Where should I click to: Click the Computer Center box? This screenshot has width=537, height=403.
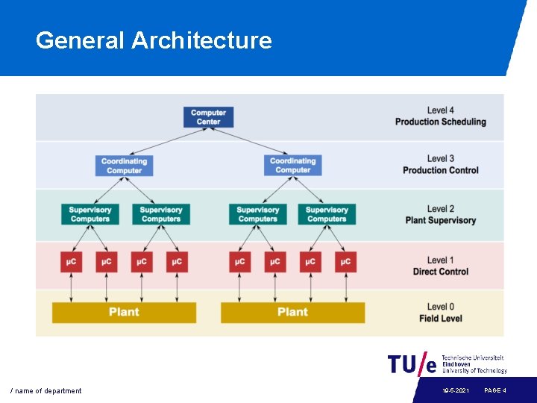(208, 117)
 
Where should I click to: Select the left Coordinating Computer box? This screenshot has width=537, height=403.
(124, 166)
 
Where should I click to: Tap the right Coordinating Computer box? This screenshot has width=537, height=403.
(292, 166)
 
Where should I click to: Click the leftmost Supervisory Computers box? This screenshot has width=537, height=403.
(90, 214)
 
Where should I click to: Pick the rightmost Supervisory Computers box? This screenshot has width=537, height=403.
(327, 214)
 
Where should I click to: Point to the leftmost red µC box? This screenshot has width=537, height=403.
(71, 262)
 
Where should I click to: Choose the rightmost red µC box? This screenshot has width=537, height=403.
(344, 262)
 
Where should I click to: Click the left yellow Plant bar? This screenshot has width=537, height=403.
(124, 312)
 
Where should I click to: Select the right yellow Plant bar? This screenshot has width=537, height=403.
(292, 312)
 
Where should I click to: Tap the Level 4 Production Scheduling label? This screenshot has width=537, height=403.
(440, 116)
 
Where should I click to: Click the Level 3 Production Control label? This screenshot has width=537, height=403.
(440, 164)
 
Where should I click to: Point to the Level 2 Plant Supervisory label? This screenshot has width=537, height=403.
(440, 215)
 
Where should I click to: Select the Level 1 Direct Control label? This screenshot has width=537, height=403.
(440, 266)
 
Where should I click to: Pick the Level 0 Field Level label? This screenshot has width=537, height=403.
(440, 313)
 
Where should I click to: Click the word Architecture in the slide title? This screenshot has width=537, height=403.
(201, 40)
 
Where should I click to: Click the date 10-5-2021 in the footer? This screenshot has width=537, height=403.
(455, 391)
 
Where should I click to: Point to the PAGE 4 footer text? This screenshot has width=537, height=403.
(495, 391)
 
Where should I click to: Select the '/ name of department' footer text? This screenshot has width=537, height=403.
(45, 391)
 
